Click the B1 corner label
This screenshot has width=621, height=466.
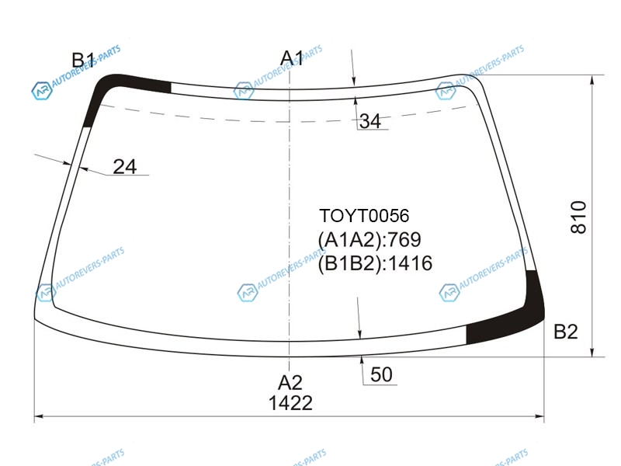tap(83, 61)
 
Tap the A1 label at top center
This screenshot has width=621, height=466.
tap(292, 58)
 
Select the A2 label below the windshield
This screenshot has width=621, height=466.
tap(290, 383)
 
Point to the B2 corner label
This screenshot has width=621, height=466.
tap(566, 332)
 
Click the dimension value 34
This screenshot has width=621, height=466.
tap(370, 121)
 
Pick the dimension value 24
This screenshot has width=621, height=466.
tap(125, 167)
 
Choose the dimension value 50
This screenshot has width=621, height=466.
tap(381, 374)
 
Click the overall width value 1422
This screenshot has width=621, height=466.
tap(290, 403)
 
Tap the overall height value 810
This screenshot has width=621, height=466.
tap(578, 217)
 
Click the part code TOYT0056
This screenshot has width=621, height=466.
tap(364, 216)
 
